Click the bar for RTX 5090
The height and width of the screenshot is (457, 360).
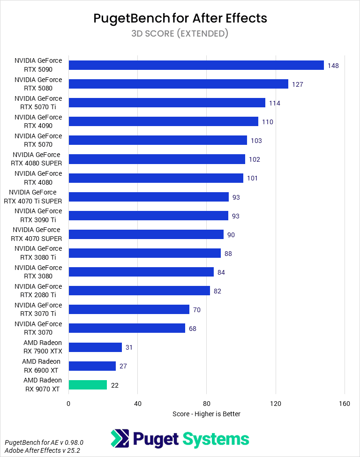196,65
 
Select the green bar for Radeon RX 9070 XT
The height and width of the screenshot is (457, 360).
88,385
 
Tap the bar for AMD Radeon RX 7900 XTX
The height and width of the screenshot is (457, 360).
95,347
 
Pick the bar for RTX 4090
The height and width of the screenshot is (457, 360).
163,121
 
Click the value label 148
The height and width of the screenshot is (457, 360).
333,66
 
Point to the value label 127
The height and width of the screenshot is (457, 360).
297,84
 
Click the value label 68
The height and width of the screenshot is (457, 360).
193,329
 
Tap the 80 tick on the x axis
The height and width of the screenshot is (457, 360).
207,404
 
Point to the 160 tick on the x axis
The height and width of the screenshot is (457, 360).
345,404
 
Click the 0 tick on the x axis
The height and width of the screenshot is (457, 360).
68,404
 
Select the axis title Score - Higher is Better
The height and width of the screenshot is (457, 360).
206,414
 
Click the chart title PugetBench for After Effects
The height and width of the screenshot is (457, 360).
180,18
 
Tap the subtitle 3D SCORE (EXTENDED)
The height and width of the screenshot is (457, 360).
180,33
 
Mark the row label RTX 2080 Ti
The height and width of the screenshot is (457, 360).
38,291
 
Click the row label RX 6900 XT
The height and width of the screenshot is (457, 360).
41,366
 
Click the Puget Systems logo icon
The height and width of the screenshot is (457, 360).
120,439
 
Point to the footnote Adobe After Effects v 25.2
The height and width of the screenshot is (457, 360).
42,450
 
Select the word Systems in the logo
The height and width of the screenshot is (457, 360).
215,439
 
